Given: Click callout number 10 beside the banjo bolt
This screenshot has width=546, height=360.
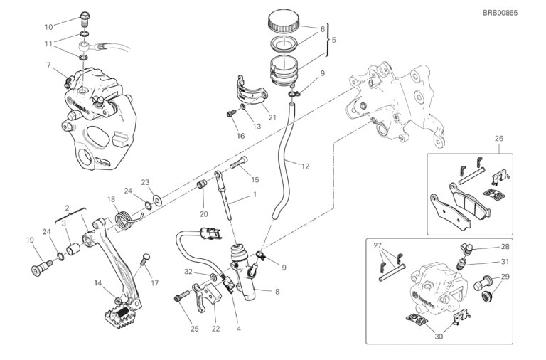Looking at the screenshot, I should (x=48, y=27).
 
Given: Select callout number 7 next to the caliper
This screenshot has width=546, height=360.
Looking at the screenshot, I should (x=48, y=65).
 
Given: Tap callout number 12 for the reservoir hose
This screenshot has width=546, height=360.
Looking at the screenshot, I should (x=305, y=166).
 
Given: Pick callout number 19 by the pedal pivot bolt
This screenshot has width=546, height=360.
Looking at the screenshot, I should (x=30, y=240).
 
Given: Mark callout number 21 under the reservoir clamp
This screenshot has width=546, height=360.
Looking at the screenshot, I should (x=272, y=117).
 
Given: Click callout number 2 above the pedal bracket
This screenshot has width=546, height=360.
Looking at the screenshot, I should (x=68, y=208).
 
